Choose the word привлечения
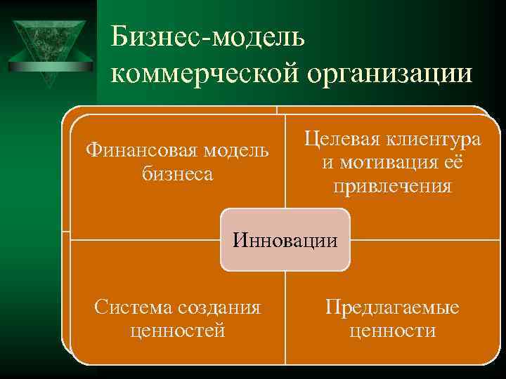(393, 187)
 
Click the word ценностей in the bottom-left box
(178, 330)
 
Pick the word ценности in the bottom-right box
(392, 330)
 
